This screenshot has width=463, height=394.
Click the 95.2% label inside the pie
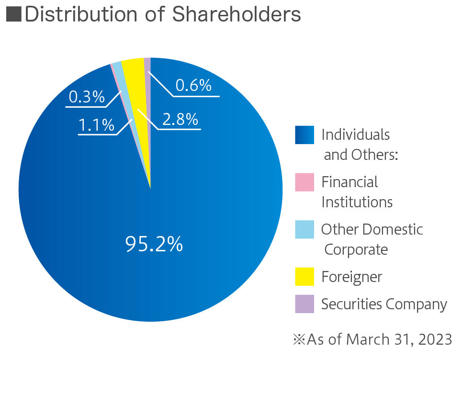[154, 244]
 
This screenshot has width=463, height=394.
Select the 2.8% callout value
[180, 119]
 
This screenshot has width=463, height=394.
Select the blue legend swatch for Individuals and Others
[305, 135]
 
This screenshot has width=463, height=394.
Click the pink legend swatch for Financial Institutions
[305, 182]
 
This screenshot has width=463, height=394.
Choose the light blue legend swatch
[305, 230]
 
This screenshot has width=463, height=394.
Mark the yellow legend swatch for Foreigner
[305, 277]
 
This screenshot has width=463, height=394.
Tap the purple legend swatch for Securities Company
[305, 304]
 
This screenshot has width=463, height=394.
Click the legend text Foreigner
[351, 277]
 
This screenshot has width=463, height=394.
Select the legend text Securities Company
[384, 304]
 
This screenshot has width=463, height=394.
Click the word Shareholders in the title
[237, 14]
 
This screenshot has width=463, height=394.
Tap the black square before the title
[13, 14]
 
